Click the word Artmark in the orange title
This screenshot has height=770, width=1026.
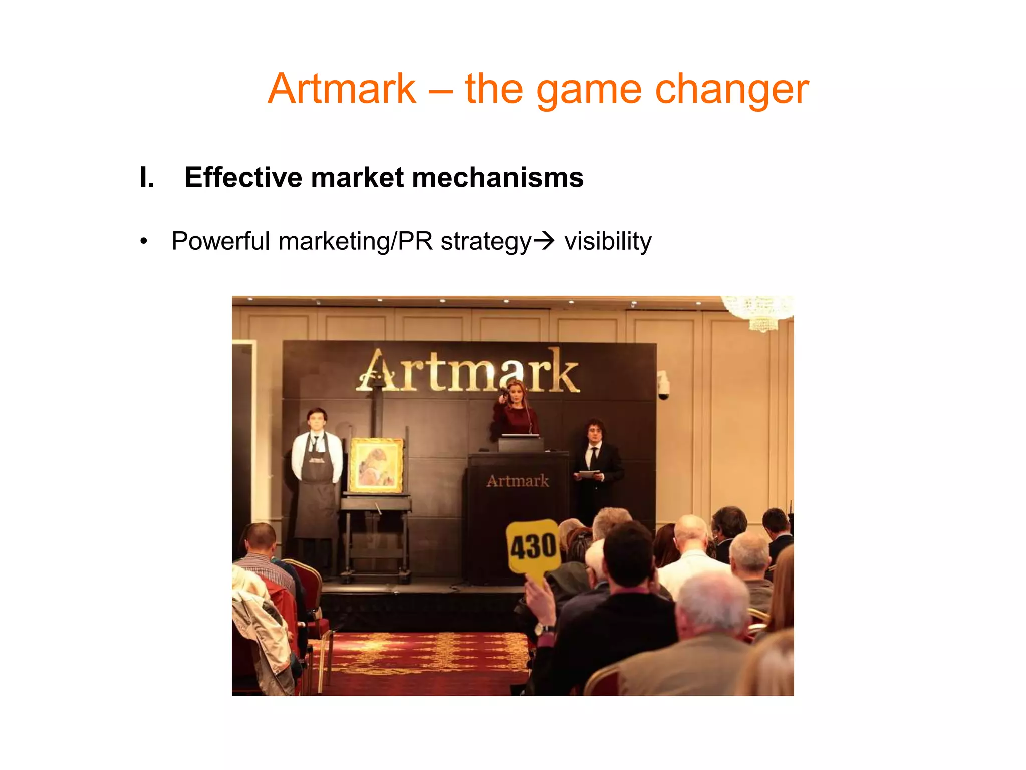(x=342, y=89)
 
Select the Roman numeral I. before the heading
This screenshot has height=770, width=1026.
(x=147, y=177)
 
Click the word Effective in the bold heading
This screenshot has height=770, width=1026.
(x=243, y=177)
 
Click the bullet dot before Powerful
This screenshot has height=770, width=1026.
(x=144, y=241)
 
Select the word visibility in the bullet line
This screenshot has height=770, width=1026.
(x=608, y=241)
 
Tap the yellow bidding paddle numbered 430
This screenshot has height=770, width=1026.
(x=533, y=547)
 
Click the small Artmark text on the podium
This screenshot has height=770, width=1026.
(x=518, y=481)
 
